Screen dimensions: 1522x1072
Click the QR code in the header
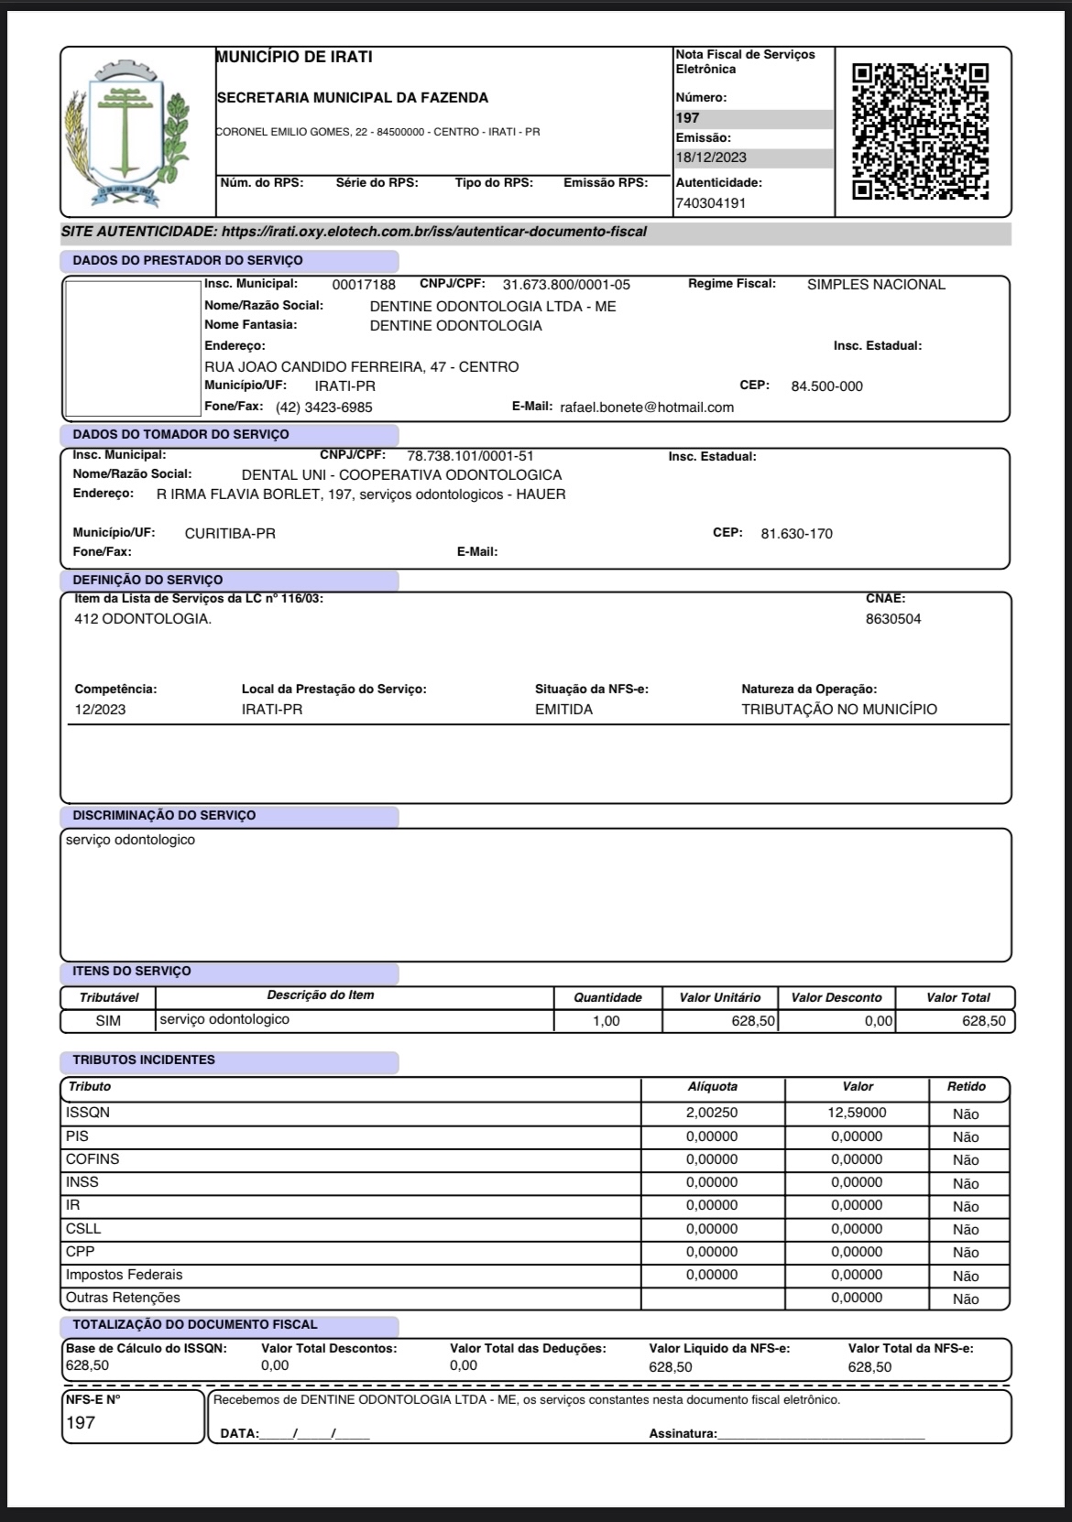click(x=920, y=131)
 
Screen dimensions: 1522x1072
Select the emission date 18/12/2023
click(x=711, y=158)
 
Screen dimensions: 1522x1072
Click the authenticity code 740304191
click(x=710, y=203)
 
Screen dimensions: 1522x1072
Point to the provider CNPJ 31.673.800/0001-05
click(x=566, y=285)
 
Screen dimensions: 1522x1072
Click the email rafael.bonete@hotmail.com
click(x=647, y=408)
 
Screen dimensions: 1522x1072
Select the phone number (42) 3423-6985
click(x=324, y=408)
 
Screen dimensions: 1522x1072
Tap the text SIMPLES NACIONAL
click(x=876, y=285)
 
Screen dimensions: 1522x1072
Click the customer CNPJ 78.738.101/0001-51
click(x=470, y=456)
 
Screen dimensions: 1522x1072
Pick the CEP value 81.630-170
click(x=796, y=534)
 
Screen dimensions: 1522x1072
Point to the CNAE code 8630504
click(x=893, y=619)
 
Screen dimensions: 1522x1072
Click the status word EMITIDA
click(x=563, y=710)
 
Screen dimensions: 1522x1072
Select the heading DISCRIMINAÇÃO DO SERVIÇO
click(x=164, y=816)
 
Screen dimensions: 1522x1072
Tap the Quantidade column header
click(x=607, y=998)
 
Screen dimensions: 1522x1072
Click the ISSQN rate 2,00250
click(x=712, y=1114)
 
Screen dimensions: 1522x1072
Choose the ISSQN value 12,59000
click(x=857, y=1114)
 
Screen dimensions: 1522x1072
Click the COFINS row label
click(x=93, y=1159)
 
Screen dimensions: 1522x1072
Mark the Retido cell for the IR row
click(x=966, y=1207)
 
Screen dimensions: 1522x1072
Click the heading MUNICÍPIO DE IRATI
click(x=295, y=58)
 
